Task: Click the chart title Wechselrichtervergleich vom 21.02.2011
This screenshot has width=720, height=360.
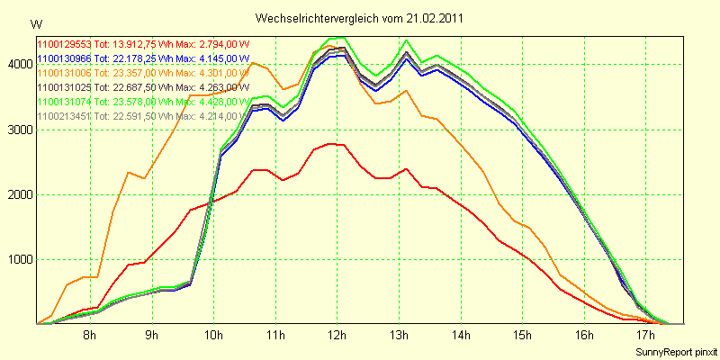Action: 360,18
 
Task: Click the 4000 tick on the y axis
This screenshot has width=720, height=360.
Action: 20,65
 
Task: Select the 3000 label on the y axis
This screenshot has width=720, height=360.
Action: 20,130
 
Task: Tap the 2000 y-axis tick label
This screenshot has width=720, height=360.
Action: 20,194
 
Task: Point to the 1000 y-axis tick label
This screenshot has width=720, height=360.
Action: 20,260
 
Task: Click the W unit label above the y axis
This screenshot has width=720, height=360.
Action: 35,22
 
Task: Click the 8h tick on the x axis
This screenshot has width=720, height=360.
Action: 90,336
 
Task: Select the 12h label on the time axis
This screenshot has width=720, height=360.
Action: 337,336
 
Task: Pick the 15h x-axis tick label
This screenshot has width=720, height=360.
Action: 523,336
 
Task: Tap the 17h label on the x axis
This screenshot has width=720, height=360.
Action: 646,336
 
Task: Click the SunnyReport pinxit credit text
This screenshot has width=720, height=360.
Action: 676,350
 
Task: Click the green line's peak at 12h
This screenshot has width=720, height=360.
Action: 337,38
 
